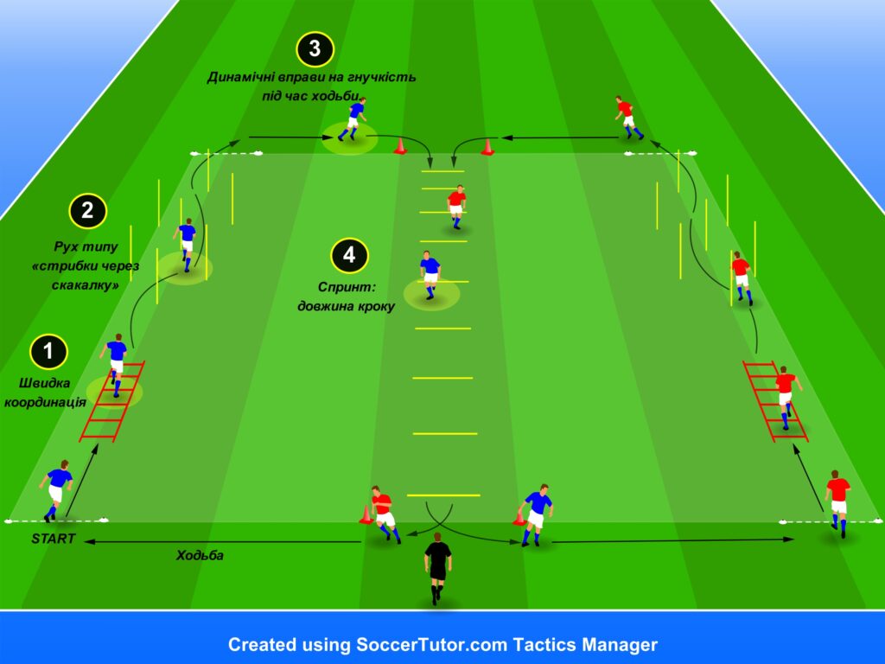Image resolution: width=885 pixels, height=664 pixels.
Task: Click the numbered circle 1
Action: [x=48, y=351]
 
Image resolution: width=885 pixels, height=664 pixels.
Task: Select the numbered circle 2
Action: [x=87, y=211]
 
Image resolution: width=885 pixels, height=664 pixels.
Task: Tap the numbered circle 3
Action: [x=315, y=48]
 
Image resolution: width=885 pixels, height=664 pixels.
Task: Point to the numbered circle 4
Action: [x=349, y=255]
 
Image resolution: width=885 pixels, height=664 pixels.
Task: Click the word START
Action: [x=54, y=539]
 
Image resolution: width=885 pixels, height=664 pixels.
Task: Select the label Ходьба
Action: [x=200, y=556]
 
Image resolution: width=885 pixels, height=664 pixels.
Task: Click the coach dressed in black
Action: [x=437, y=567]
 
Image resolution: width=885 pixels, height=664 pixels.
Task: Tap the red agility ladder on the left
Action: [x=111, y=401]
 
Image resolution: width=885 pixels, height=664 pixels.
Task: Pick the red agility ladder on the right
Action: [x=775, y=401]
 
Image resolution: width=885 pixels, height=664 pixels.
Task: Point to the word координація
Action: [x=45, y=402]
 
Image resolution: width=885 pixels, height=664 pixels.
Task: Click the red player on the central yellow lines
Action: [x=456, y=207]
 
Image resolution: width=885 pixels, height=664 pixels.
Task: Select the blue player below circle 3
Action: [x=353, y=119]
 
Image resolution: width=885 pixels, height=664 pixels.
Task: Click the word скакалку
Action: [x=86, y=285]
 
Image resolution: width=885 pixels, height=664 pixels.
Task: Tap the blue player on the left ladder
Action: [x=115, y=365]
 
